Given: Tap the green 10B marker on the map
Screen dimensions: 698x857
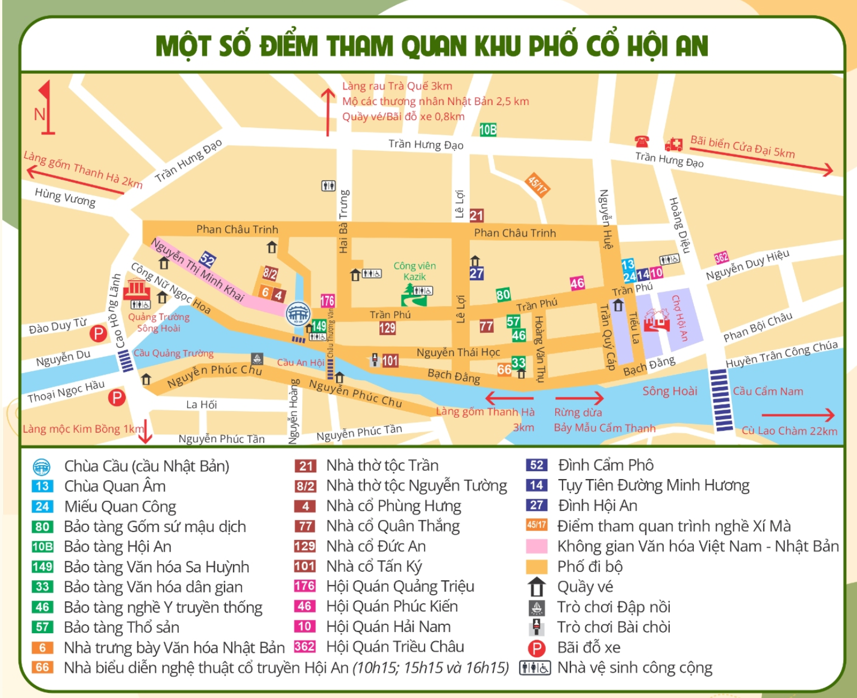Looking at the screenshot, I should coord(488,130).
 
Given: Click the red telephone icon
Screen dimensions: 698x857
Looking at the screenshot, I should coord(641,141).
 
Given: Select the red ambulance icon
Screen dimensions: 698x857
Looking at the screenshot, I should coord(673,145).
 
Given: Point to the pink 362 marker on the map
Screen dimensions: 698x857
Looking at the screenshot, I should coord(721,257).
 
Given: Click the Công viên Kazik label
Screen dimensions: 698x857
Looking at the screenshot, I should coord(415,271).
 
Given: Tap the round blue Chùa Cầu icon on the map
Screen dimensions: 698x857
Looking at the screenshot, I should coord(298,314).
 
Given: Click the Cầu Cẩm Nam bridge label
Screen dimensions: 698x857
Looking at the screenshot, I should coord(768,391).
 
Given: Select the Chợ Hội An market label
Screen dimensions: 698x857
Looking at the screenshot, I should coord(679,318).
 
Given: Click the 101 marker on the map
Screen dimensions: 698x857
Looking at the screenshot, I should coord(390,361).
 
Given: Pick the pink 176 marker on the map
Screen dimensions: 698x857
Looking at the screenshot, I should coord(327,301).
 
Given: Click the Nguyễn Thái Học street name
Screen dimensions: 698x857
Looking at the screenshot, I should coord(458,352).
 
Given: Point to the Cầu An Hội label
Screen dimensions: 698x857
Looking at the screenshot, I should coord(301,362).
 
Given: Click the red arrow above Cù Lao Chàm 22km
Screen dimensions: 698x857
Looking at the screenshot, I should coord(798,415).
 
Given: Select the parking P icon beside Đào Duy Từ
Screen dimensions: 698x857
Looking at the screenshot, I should coord(98,333).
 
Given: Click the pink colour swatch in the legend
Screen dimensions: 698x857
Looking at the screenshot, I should coord(536,546).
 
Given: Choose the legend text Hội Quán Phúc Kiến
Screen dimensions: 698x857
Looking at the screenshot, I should coord(392,606).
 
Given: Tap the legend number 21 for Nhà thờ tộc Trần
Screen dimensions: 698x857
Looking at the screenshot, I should coord(306,466).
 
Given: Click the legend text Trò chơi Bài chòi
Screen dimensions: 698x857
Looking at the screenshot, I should coord(613,627).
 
